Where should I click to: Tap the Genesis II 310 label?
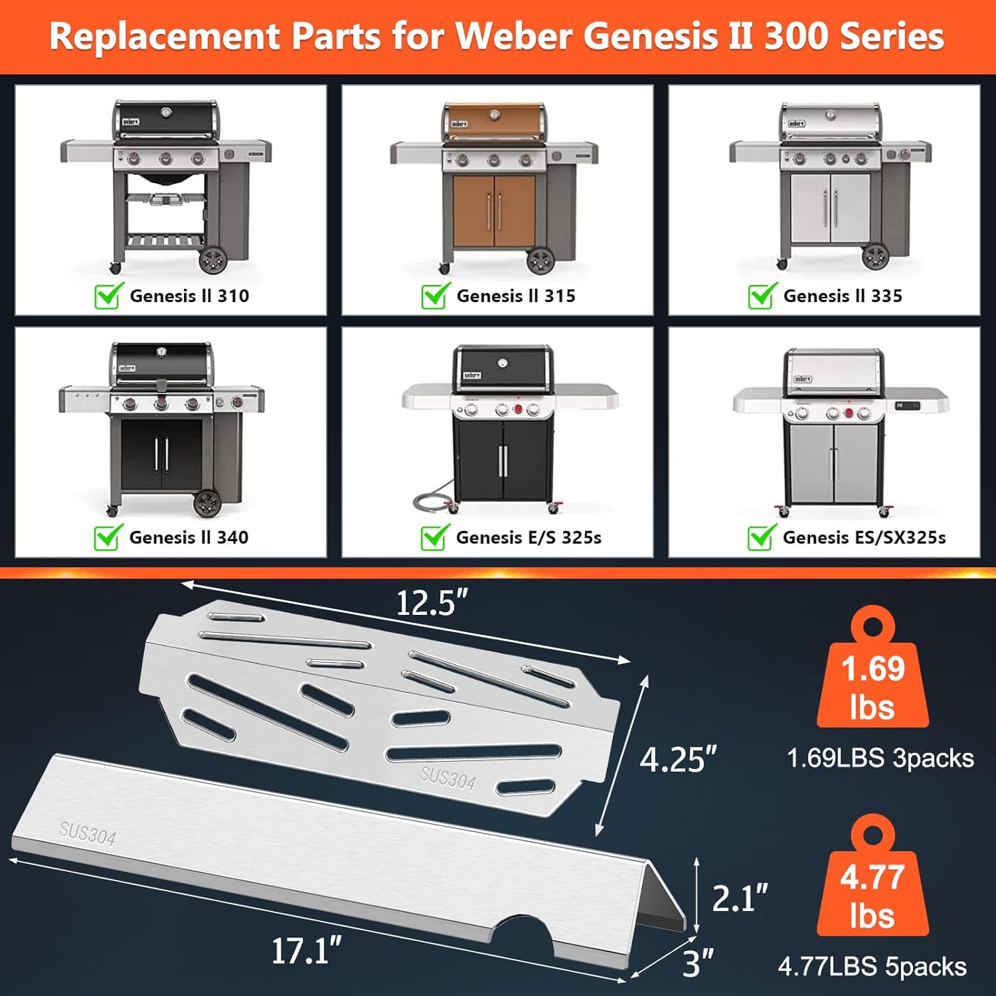[189, 296]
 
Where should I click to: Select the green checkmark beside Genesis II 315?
[435, 295]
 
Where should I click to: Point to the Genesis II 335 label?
[843, 296]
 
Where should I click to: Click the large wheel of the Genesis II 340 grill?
[207, 503]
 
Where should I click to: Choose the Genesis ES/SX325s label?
[864, 537]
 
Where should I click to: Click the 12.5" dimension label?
[432, 603]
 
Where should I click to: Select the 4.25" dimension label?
[678, 759]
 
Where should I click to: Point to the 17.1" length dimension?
[306, 951]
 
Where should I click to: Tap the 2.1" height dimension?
[739, 898]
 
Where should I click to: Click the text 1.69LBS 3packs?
[880, 758]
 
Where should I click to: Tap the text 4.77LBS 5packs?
[872, 967]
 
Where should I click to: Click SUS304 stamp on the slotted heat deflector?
[448, 778]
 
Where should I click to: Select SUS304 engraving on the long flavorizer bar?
[87, 834]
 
